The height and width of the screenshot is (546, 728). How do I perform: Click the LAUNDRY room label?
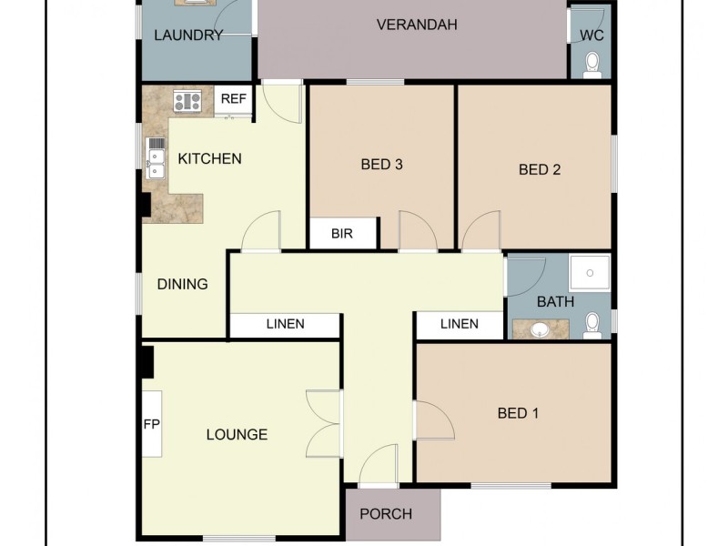(x=188, y=36)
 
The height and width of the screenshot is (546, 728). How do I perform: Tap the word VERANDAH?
(x=417, y=25)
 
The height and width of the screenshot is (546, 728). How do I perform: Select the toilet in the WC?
(x=592, y=62)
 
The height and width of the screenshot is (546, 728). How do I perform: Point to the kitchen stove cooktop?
(x=187, y=101)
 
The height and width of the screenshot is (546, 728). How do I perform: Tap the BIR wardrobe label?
(x=342, y=234)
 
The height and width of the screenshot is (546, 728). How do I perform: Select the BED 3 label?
(x=381, y=165)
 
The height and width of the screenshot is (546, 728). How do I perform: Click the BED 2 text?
(x=539, y=169)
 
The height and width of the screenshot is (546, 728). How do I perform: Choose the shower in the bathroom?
(x=589, y=270)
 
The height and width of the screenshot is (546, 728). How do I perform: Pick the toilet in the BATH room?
(x=592, y=323)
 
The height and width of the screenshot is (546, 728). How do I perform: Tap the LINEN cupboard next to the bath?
(x=459, y=324)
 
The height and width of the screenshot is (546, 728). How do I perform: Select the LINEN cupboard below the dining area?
(x=285, y=324)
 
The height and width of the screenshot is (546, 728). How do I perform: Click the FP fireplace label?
(x=151, y=424)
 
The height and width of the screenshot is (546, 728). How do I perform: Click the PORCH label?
(x=386, y=514)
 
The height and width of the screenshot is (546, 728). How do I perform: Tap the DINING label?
(x=183, y=284)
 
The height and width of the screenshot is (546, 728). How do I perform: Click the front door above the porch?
(x=378, y=469)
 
